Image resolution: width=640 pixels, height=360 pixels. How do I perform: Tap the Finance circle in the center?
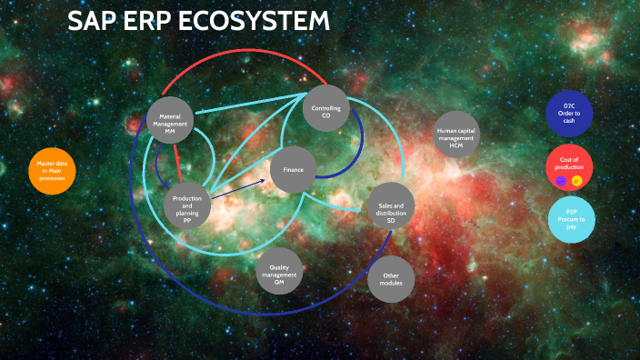click(x=293, y=170)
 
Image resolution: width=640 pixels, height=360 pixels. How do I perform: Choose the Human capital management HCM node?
click(x=455, y=135)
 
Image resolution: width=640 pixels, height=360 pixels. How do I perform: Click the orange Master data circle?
click(x=52, y=170)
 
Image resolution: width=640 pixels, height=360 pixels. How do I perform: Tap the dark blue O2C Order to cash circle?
click(x=570, y=114)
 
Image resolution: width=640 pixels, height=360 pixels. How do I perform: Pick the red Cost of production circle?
click(x=570, y=166)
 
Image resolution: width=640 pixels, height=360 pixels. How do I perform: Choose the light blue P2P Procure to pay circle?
click(x=570, y=219)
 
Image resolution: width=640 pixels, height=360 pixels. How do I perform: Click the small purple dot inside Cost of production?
click(x=561, y=180)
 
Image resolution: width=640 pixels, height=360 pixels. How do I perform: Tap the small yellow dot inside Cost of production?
click(x=577, y=180)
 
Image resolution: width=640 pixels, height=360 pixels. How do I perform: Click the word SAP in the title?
click(x=95, y=22)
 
